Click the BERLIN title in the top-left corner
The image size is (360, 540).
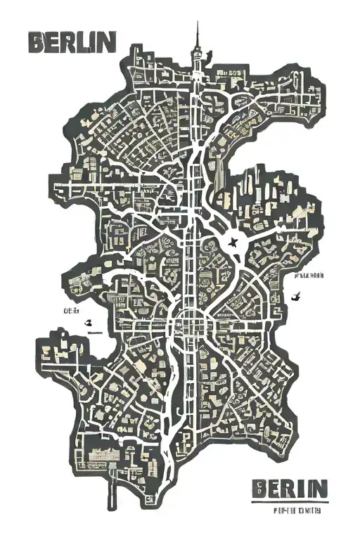click(71, 42)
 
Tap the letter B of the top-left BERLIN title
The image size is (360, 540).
click(37, 42)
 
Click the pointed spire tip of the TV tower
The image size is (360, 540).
click(198, 23)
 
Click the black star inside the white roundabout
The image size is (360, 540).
click(234, 243)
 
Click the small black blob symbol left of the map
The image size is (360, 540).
click(89, 323)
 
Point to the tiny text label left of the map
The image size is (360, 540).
click(72, 310)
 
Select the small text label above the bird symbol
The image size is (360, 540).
click(309, 276)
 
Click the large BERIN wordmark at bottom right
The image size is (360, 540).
click(289, 488)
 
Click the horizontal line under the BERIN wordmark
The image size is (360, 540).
click(289, 501)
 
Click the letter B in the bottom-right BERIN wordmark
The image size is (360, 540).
click(259, 488)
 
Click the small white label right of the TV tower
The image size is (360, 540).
click(229, 72)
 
